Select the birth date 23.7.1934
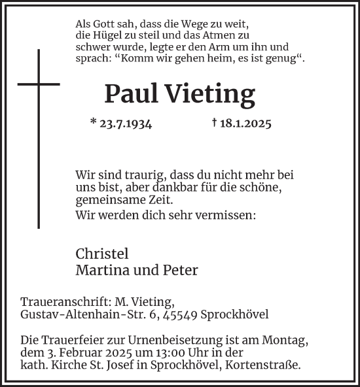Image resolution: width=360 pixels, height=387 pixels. coord(121,123)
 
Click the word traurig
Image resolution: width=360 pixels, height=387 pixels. coord(143,175)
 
